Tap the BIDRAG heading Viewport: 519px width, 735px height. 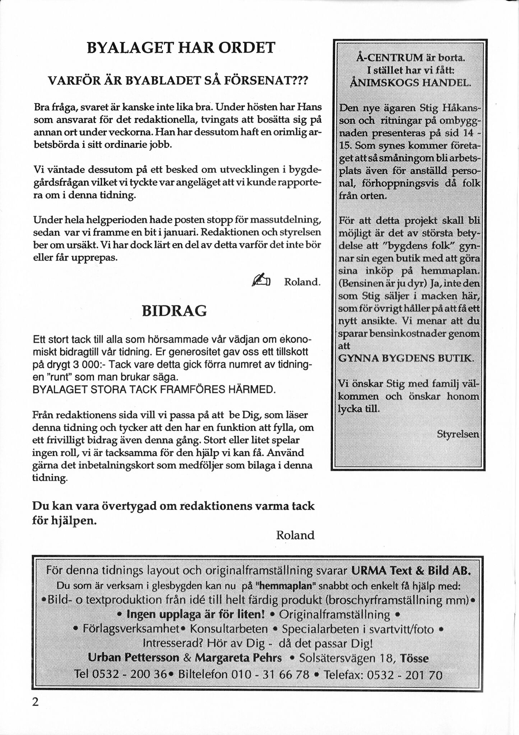tap(175, 311)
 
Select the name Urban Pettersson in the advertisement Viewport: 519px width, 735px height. tap(134, 658)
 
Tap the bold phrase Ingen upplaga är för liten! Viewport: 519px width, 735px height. tap(196, 614)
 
